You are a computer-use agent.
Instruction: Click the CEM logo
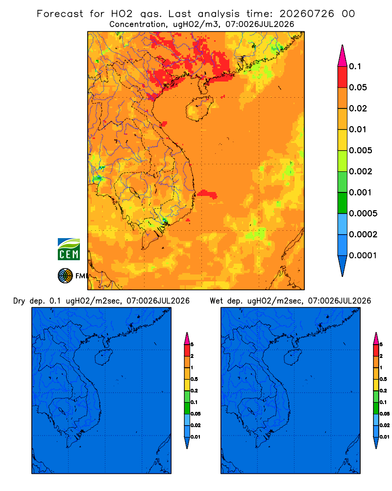69,249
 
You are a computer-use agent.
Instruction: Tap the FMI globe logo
65,275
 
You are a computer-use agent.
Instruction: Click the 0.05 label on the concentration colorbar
358,87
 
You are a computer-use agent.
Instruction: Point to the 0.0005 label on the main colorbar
363,213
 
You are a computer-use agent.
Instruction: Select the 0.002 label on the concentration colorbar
361,171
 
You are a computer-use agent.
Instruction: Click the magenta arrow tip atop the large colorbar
343,55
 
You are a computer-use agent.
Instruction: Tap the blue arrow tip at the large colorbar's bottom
343,266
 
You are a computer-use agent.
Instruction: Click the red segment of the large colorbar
343,77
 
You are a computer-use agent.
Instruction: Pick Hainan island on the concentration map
199,109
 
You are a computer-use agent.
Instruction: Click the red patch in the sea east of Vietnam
207,194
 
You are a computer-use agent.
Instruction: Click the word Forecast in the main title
60,14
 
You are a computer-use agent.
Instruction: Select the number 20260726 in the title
307,14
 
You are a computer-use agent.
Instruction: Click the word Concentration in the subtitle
137,24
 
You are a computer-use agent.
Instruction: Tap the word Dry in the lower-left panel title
19,301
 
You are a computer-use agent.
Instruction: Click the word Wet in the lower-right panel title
216,301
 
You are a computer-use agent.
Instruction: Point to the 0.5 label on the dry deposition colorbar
194,379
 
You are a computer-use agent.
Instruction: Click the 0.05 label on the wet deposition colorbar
385,413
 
